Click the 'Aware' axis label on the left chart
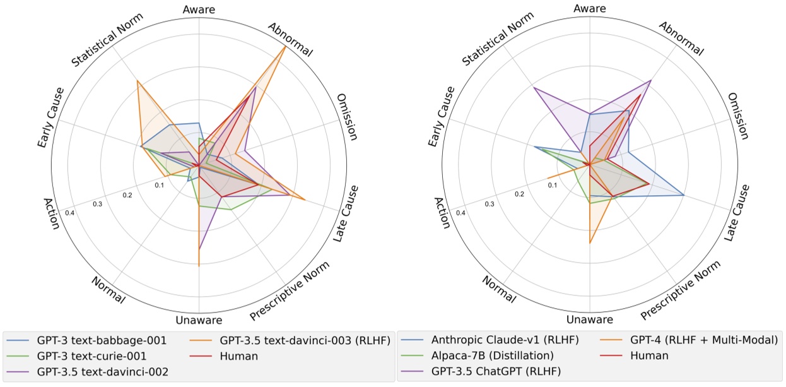[199, 9]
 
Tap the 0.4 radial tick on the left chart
[69, 213]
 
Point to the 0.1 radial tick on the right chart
[552, 185]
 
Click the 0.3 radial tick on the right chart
[489, 204]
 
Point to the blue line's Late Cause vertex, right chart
[684, 195]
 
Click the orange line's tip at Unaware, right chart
[590, 243]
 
